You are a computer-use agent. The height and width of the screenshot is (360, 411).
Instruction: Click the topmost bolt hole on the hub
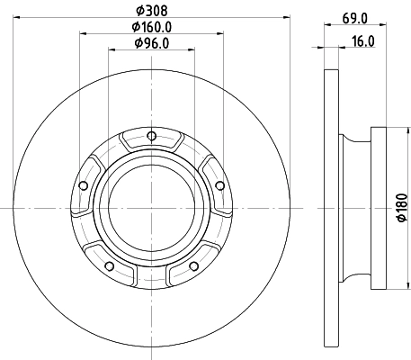pos(151,137)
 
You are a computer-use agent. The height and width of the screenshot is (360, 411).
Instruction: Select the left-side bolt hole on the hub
pos(84,186)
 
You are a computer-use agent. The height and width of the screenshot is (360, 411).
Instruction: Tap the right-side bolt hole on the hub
pos(219,186)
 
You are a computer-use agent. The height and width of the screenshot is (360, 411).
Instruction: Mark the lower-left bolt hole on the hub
pos(110,265)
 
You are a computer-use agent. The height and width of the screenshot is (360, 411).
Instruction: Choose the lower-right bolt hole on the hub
pos(192,265)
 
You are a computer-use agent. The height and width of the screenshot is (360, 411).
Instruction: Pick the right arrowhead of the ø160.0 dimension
pos(219,33)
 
